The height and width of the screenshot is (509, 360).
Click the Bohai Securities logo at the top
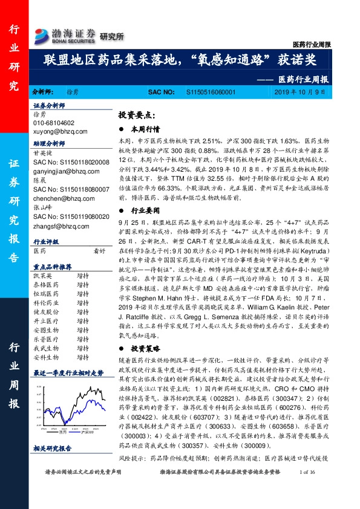pos(65,35)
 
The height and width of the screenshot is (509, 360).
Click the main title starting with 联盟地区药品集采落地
pos(180,59)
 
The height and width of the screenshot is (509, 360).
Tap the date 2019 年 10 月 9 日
pos(301,92)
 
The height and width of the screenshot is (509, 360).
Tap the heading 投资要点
pos(138,115)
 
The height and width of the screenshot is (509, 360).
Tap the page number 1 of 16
pos(308,488)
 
